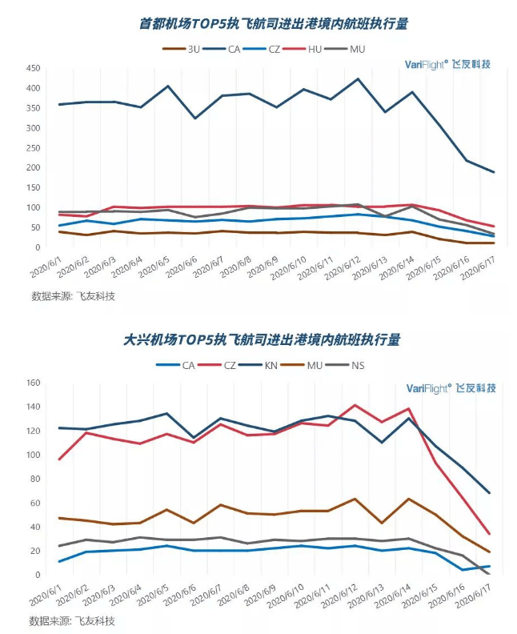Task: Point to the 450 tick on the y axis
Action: point(32,68)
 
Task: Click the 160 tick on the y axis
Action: point(32,383)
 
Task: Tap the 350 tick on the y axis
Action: point(32,107)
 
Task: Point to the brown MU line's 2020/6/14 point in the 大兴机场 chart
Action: point(409,499)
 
